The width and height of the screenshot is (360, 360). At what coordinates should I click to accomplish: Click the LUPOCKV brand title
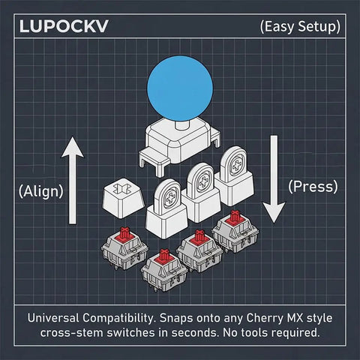pos(64,26)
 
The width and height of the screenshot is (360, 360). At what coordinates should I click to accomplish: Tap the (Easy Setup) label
pos(300,27)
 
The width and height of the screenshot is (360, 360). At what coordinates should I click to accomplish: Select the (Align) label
pos(41,191)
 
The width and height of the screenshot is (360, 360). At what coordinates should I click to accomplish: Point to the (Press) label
pos(313,187)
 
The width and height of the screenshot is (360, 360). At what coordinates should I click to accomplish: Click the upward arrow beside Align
pos(73,180)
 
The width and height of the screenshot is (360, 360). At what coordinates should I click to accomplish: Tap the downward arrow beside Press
pos(274,179)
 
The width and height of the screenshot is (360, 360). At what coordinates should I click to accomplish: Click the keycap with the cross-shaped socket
pos(124,197)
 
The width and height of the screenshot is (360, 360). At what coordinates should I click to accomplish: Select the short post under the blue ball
pos(182,124)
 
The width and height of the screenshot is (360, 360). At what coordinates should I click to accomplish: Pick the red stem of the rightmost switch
pos(234,217)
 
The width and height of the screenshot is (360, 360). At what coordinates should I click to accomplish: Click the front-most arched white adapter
pos(166,209)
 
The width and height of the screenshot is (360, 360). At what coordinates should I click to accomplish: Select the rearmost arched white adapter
pos(234,177)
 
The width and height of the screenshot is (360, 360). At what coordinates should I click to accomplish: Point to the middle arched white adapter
pos(201,193)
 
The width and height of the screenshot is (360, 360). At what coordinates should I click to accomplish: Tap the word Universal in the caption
pos(53,318)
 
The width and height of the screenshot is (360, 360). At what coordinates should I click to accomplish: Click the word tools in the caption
pos(252,332)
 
